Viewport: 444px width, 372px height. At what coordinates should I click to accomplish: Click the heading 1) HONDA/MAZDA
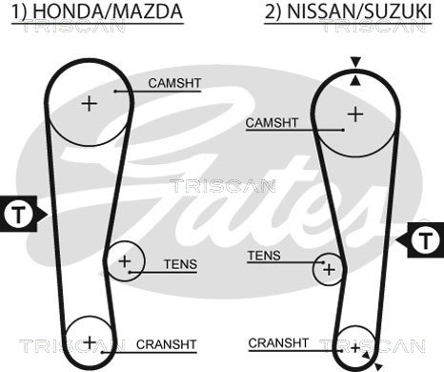97,11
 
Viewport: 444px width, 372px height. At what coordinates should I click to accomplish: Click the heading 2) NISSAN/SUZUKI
348,11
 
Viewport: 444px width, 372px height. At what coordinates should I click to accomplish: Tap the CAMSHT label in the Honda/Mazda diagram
174,83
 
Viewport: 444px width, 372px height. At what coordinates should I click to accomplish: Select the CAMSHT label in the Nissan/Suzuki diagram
272,123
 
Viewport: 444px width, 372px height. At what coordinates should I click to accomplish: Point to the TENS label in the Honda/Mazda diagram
180,264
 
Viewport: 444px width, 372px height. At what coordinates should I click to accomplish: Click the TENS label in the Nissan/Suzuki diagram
264,256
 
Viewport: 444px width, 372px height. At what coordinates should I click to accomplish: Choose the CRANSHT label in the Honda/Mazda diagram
167,344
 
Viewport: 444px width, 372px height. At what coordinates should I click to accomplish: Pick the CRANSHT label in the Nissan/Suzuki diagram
278,343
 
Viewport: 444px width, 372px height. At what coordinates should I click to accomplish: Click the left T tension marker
19,214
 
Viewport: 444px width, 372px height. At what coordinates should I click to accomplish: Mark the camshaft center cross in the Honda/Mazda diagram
90,104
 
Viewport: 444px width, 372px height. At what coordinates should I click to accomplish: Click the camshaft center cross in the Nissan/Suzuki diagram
355,114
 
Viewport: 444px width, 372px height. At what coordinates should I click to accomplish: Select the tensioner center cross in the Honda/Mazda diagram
125,261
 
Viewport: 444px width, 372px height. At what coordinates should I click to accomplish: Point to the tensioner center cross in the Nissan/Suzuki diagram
329,270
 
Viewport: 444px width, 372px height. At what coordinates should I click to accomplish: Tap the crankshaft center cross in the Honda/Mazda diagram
90,342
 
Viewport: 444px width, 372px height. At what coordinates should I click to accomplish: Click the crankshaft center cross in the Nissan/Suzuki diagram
355,348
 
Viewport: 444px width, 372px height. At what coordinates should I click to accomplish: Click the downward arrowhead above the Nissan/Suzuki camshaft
355,62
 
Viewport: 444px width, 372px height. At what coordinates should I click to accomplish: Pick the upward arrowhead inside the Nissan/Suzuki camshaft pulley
355,81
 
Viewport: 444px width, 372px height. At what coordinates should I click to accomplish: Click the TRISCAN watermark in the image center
222,186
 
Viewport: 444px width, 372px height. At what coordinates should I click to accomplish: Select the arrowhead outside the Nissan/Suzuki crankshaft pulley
378,365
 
